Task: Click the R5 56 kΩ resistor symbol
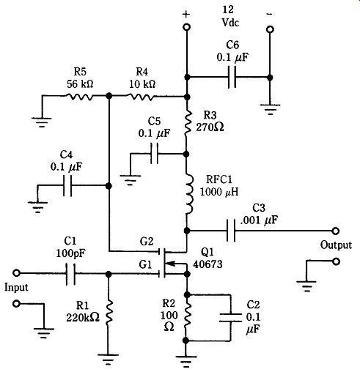pyautogui.click(x=79, y=97)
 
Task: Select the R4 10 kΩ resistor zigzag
pyautogui.click(x=141, y=97)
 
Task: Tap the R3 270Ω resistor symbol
pyautogui.click(x=188, y=123)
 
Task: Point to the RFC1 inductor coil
pyautogui.click(x=189, y=194)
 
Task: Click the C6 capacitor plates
pyautogui.click(x=232, y=77)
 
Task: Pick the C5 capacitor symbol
pyautogui.click(x=154, y=154)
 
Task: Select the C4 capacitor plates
pyautogui.click(x=67, y=185)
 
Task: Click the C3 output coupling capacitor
pyautogui.click(x=231, y=231)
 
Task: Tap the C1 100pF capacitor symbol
pyautogui.click(x=70, y=274)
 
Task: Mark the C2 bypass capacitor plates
pyautogui.click(x=230, y=317)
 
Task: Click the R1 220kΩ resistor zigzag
pyautogui.click(x=109, y=315)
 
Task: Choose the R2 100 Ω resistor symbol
pyautogui.click(x=187, y=316)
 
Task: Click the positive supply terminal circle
pyautogui.click(x=186, y=27)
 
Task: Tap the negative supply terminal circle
pyautogui.click(x=270, y=29)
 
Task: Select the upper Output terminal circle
pyautogui.click(x=336, y=231)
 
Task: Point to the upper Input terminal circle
pyautogui.click(x=16, y=273)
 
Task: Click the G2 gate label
pyautogui.click(x=147, y=242)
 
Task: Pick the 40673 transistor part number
pyautogui.click(x=207, y=264)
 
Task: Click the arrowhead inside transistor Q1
pyautogui.click(x=172, y=264)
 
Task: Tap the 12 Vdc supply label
pyautogui.click(x=230, y=16)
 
